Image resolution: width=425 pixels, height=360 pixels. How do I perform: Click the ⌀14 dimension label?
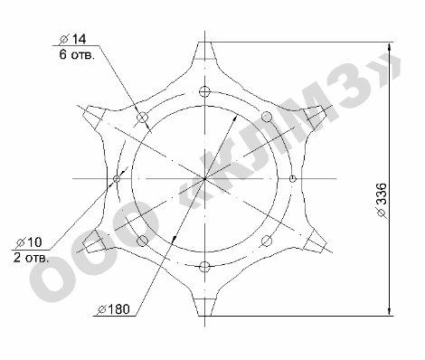pos(73,39)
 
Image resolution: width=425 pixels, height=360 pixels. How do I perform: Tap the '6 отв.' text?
pos(77,55)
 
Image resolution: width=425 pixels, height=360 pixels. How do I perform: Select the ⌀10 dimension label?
pos(29,242)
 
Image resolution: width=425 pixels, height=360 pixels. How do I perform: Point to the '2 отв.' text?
pos(31,258)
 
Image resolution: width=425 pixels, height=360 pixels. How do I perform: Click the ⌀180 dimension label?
pos(114,309)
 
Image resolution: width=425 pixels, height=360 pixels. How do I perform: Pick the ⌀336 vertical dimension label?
pos(382,200)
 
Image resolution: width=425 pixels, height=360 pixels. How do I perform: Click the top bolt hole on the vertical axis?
pos(204,91)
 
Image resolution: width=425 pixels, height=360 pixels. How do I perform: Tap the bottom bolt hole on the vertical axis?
pos(204,267)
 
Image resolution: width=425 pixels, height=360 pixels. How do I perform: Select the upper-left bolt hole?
pos(143,118)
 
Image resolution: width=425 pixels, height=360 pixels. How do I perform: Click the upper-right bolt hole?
pos(267,117)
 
